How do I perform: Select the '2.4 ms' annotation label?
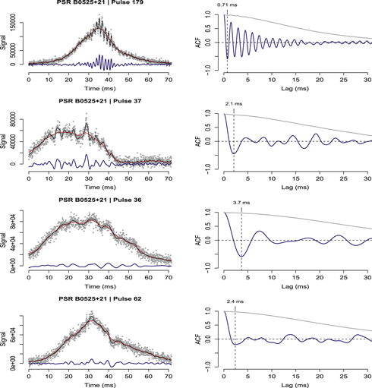point(236,301)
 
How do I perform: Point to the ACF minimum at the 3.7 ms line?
point(241,256)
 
